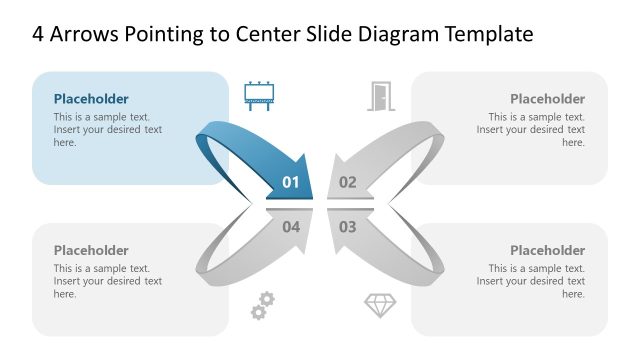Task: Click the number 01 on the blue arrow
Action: coord(291,182)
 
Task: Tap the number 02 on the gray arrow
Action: coord(347,182)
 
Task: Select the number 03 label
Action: coord(347,227)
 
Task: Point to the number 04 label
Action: coord(291,227)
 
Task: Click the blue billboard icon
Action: coord(259,96)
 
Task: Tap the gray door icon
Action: coord(379,96)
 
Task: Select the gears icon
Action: coord(262,305)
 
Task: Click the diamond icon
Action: coord(380,306)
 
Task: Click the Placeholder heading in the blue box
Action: coord(91,99)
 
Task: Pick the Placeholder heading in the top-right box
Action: coord(547,99)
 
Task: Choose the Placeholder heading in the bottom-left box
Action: coord(91,251)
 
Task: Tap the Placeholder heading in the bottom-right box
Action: coord(547,251)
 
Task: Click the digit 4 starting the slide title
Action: coord(38,35)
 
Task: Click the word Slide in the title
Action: coord(332,35)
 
